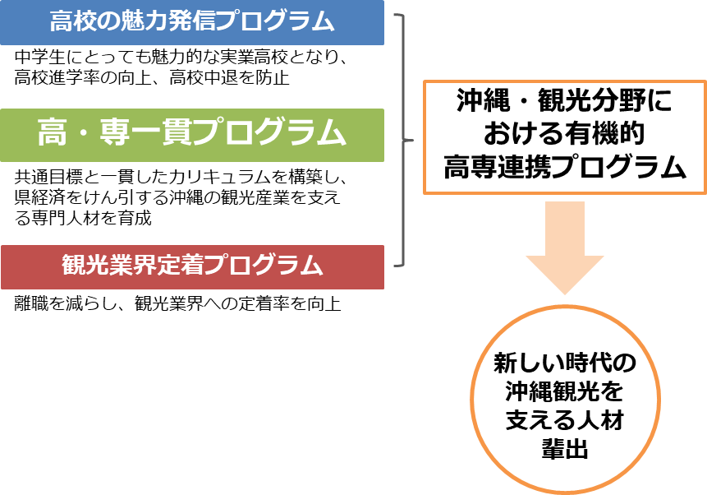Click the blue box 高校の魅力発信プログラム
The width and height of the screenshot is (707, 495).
point(191,22)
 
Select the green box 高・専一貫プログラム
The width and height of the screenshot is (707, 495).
point(191,135)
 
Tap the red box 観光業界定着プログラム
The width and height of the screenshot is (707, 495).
point(191,266)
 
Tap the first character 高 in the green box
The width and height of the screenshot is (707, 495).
point(52,133)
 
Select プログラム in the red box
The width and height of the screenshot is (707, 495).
point(263,266)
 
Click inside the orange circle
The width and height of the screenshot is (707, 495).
point(565,399)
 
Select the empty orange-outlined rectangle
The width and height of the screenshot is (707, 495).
point(564,137)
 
